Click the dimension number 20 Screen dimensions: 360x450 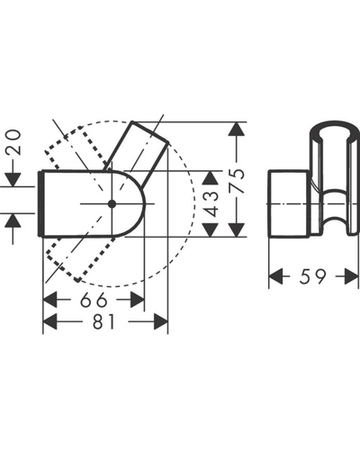[x=13, y=142]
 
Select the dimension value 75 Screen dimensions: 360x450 [x=238, y=181]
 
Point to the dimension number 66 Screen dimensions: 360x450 [x=94, y=300]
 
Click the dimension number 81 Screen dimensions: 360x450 [x=103, y=322]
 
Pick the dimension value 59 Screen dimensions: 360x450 [x=312, y=276]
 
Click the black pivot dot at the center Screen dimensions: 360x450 [x=112, y=204]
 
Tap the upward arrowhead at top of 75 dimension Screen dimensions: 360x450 [x=237, y=130]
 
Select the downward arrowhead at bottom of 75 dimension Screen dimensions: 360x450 [x=237, y=229]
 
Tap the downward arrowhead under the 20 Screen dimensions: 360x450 [x=13, y=179]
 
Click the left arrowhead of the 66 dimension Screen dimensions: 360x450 [x=50, y=300]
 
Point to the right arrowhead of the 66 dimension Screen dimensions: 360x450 [x=138, y=300]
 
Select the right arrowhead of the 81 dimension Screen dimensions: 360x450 [x=161, y=321]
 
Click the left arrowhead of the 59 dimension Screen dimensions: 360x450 [x=275, y=276]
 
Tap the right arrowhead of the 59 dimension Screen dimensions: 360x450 [x=352, y=276]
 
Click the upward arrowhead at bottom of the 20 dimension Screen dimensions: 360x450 [x=13, y=220]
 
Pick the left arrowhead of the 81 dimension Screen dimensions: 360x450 [x=50, y=321]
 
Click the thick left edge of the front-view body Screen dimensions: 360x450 [x=40, y=204]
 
